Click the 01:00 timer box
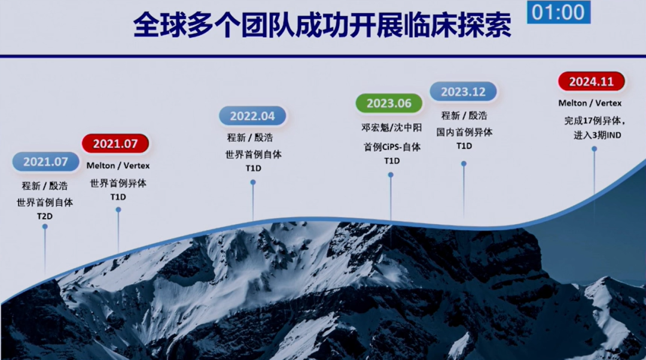(558, 12)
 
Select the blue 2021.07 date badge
(45, 161)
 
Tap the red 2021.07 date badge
(115, 144)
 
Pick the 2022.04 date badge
(252, 116)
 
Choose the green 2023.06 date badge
(389, 103)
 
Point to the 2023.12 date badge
(463, 91)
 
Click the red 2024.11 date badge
(591, 81)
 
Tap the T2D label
(45, 216)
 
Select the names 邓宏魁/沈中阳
(392, 128)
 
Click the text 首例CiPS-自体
(392, 147)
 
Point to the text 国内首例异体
(464, 132)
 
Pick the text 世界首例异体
(118, 184)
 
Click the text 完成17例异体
(594, 121)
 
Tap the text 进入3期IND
(597, 135)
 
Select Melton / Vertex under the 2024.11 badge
(590, 103)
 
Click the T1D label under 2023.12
(464, 147)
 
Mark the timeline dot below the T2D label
(45, 227)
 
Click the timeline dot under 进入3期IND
(594, 149)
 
